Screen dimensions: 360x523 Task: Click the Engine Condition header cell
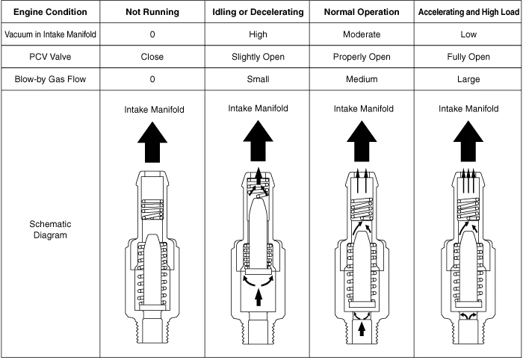pyautogui.click(x=50, y=12)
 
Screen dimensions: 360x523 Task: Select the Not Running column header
pyautogui.click(x=152, y=12)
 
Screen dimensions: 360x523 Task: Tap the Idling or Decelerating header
pyautogui.click(x=258, y=12)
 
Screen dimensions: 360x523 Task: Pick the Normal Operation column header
pyautogui.click(x=362, y=12)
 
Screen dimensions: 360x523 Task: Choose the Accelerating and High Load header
pyautogui.click(x=468, y=12)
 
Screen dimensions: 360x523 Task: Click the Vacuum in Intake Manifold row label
pyautogui.click(x=50, y=34)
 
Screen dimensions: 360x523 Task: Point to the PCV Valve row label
pyautogui.click(x=50, y=57)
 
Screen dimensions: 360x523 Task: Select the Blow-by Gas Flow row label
pyautogui.click(x=50, y=79)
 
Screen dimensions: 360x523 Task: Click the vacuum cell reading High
pyautogui.click(x=258, y=34)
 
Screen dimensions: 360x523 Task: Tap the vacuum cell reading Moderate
pyautogui.click(x=362, y=34)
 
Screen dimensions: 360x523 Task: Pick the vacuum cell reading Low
pyautogui.click(x=468, y=34)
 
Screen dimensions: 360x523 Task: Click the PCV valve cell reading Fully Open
pyautogui.click(x=468, y=57)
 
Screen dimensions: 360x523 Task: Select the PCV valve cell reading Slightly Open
pyautogui.click(x=258, y=57)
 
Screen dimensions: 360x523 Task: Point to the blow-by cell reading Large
pyautogui.click(x=468, y=79)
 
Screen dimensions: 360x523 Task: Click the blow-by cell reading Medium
pyautogui.click(x=362, y=79)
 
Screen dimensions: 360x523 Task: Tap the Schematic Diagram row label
pyautogui.click(x=50, y=229)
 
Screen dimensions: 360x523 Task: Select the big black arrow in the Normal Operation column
pyautogui.click(x=362, y=142)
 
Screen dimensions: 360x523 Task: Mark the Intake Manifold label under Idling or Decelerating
pyautogui.click(x=259, y=109)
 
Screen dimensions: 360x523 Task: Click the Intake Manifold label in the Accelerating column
pyautogui.click(x=468, y=109)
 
